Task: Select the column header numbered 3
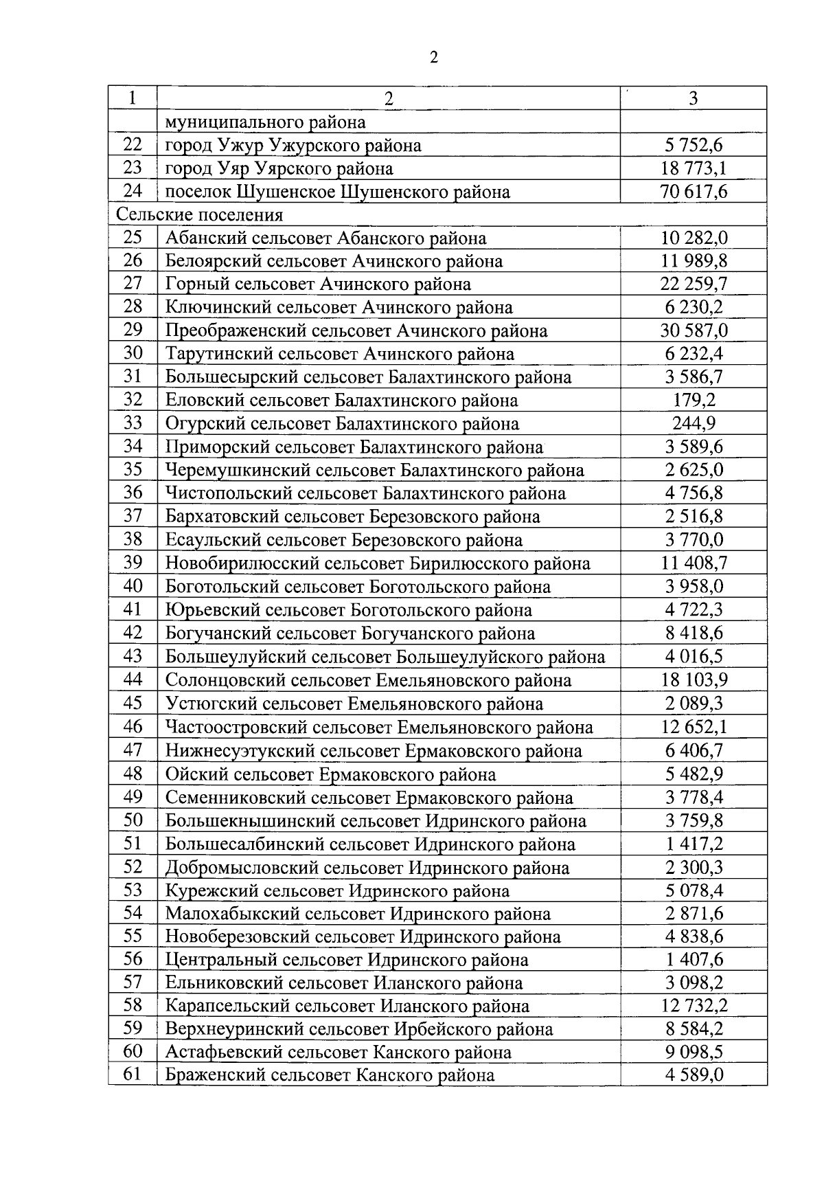[x=693, y=98]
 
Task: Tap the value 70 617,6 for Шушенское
[x=694, y=192]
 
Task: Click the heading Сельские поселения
[x=199, y=215]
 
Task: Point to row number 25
[x=133, y=238]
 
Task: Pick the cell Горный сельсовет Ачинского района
[x=318, y=284]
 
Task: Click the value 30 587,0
[x=694, y=331]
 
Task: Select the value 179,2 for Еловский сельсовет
[x=694, y=401]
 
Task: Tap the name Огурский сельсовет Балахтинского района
[x=342, y=424]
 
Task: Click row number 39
[x=133, y=563]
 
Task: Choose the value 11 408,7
[x=694, y=563]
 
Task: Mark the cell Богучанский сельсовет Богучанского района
[x=350, y=633]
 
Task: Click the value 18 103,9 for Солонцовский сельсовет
[x=694, y=680]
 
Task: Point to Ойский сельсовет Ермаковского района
[x=330, y=775]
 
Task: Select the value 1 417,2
[x=694, y=844]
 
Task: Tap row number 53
[x=133, y=891]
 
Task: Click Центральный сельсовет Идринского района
[x=347, y=960]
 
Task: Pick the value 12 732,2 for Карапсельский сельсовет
[x=694, y=1007]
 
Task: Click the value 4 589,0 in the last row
[x=694, y=1075]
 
